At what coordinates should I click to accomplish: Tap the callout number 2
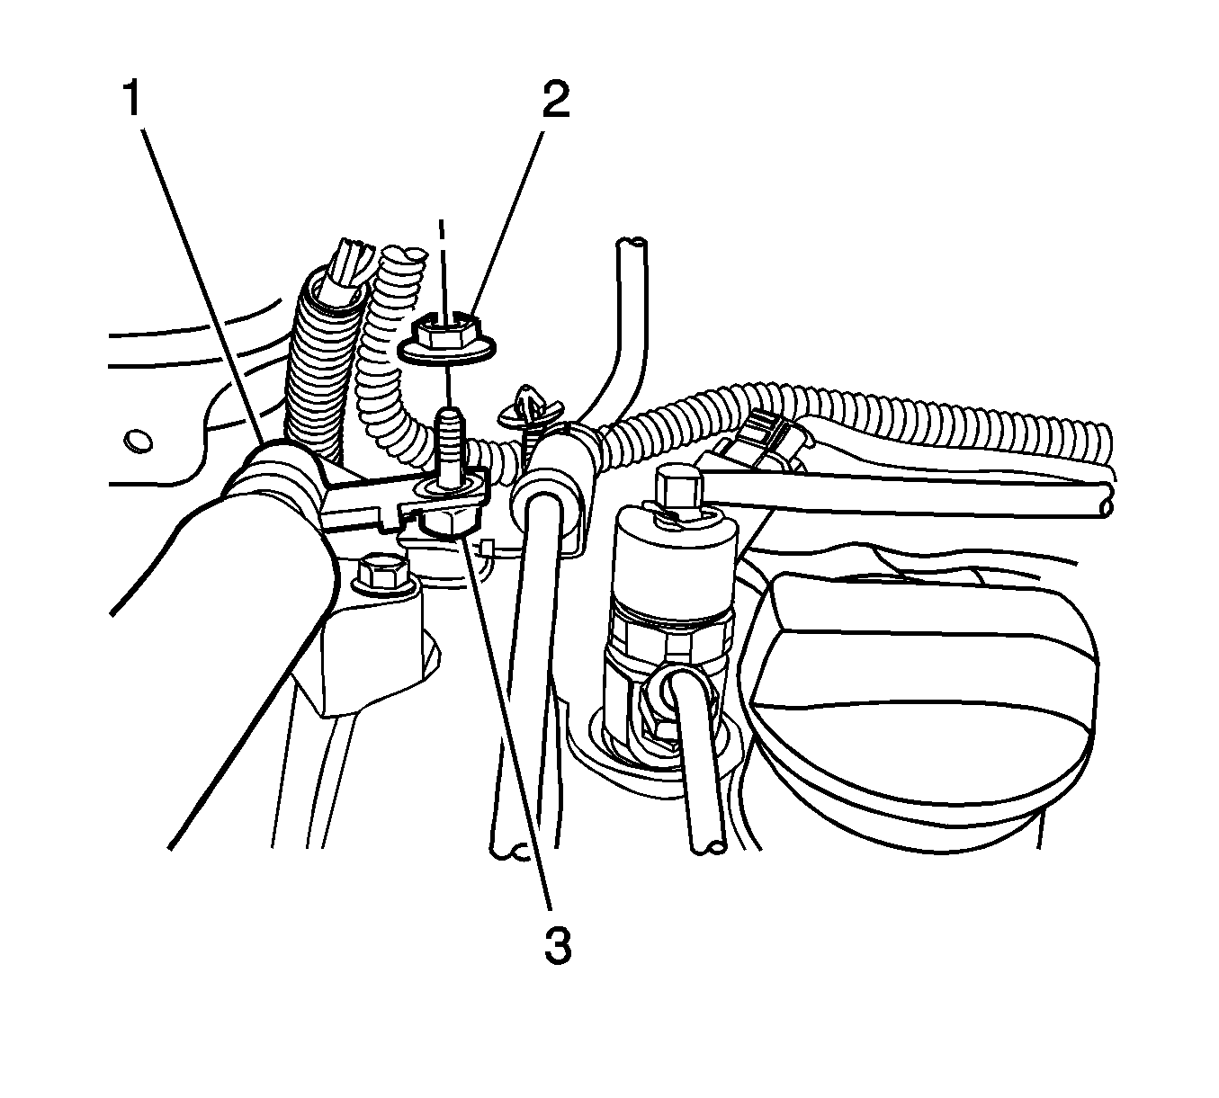click(x=555, y=99)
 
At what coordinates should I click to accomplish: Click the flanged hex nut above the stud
click(x=447, y=341)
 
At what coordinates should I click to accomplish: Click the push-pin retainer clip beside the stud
click(x=525, y=411)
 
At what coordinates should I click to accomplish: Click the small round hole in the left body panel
click(x=138, y=440)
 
